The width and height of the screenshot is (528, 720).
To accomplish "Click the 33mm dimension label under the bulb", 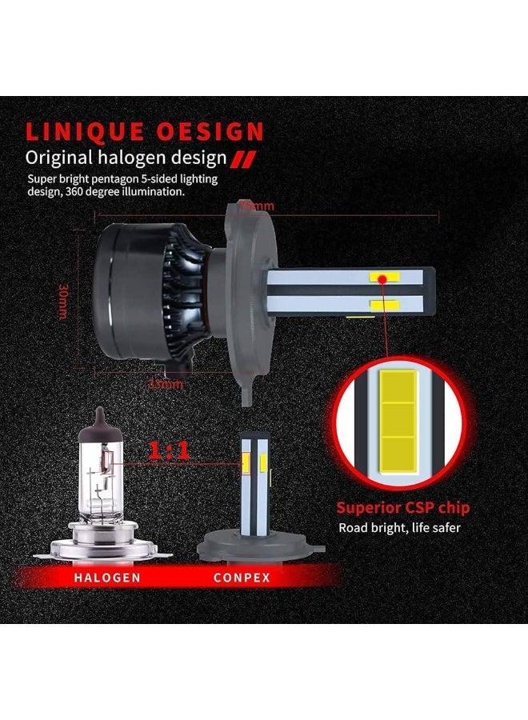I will point(167,384).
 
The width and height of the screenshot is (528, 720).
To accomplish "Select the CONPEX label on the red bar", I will point(242,577).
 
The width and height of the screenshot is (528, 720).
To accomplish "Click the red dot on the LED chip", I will point(385,278).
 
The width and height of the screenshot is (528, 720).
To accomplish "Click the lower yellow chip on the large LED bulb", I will point(384,304).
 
